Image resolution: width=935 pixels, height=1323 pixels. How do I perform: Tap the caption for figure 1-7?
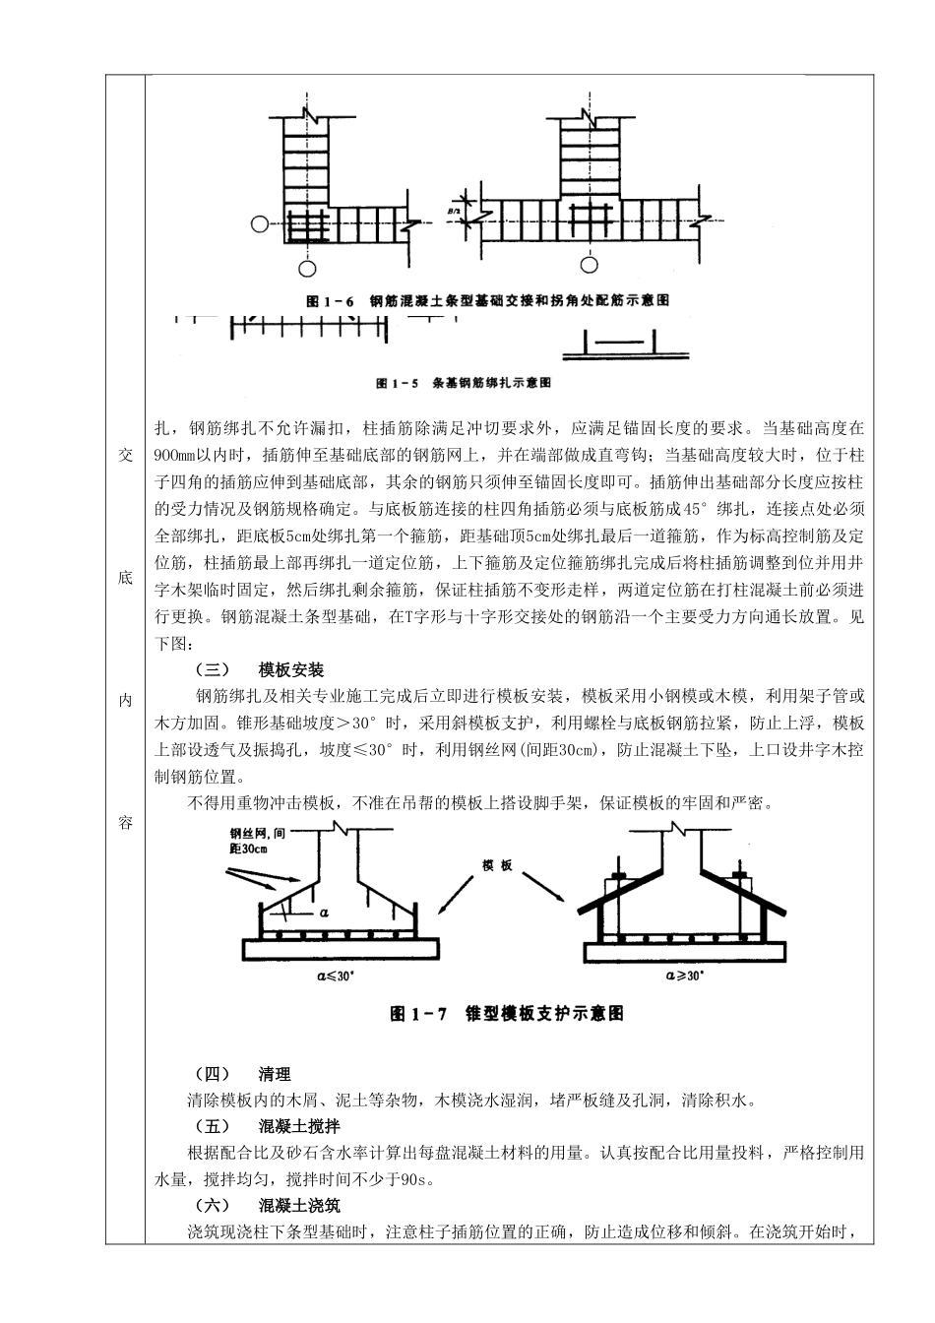[x=507, y=1013]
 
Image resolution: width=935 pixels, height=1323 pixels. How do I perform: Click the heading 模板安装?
[x=291, y=670]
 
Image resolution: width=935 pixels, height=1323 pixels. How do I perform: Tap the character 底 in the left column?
[x=125, y=578]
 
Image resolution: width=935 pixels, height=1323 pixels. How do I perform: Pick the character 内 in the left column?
[x=125, y=700]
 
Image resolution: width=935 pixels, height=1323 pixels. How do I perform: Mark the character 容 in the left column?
[x=125, y=823]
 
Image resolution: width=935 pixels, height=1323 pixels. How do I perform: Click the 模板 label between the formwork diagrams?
[x=498, y=865]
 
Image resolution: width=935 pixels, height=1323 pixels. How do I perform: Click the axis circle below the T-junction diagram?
[x=589, y=264]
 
